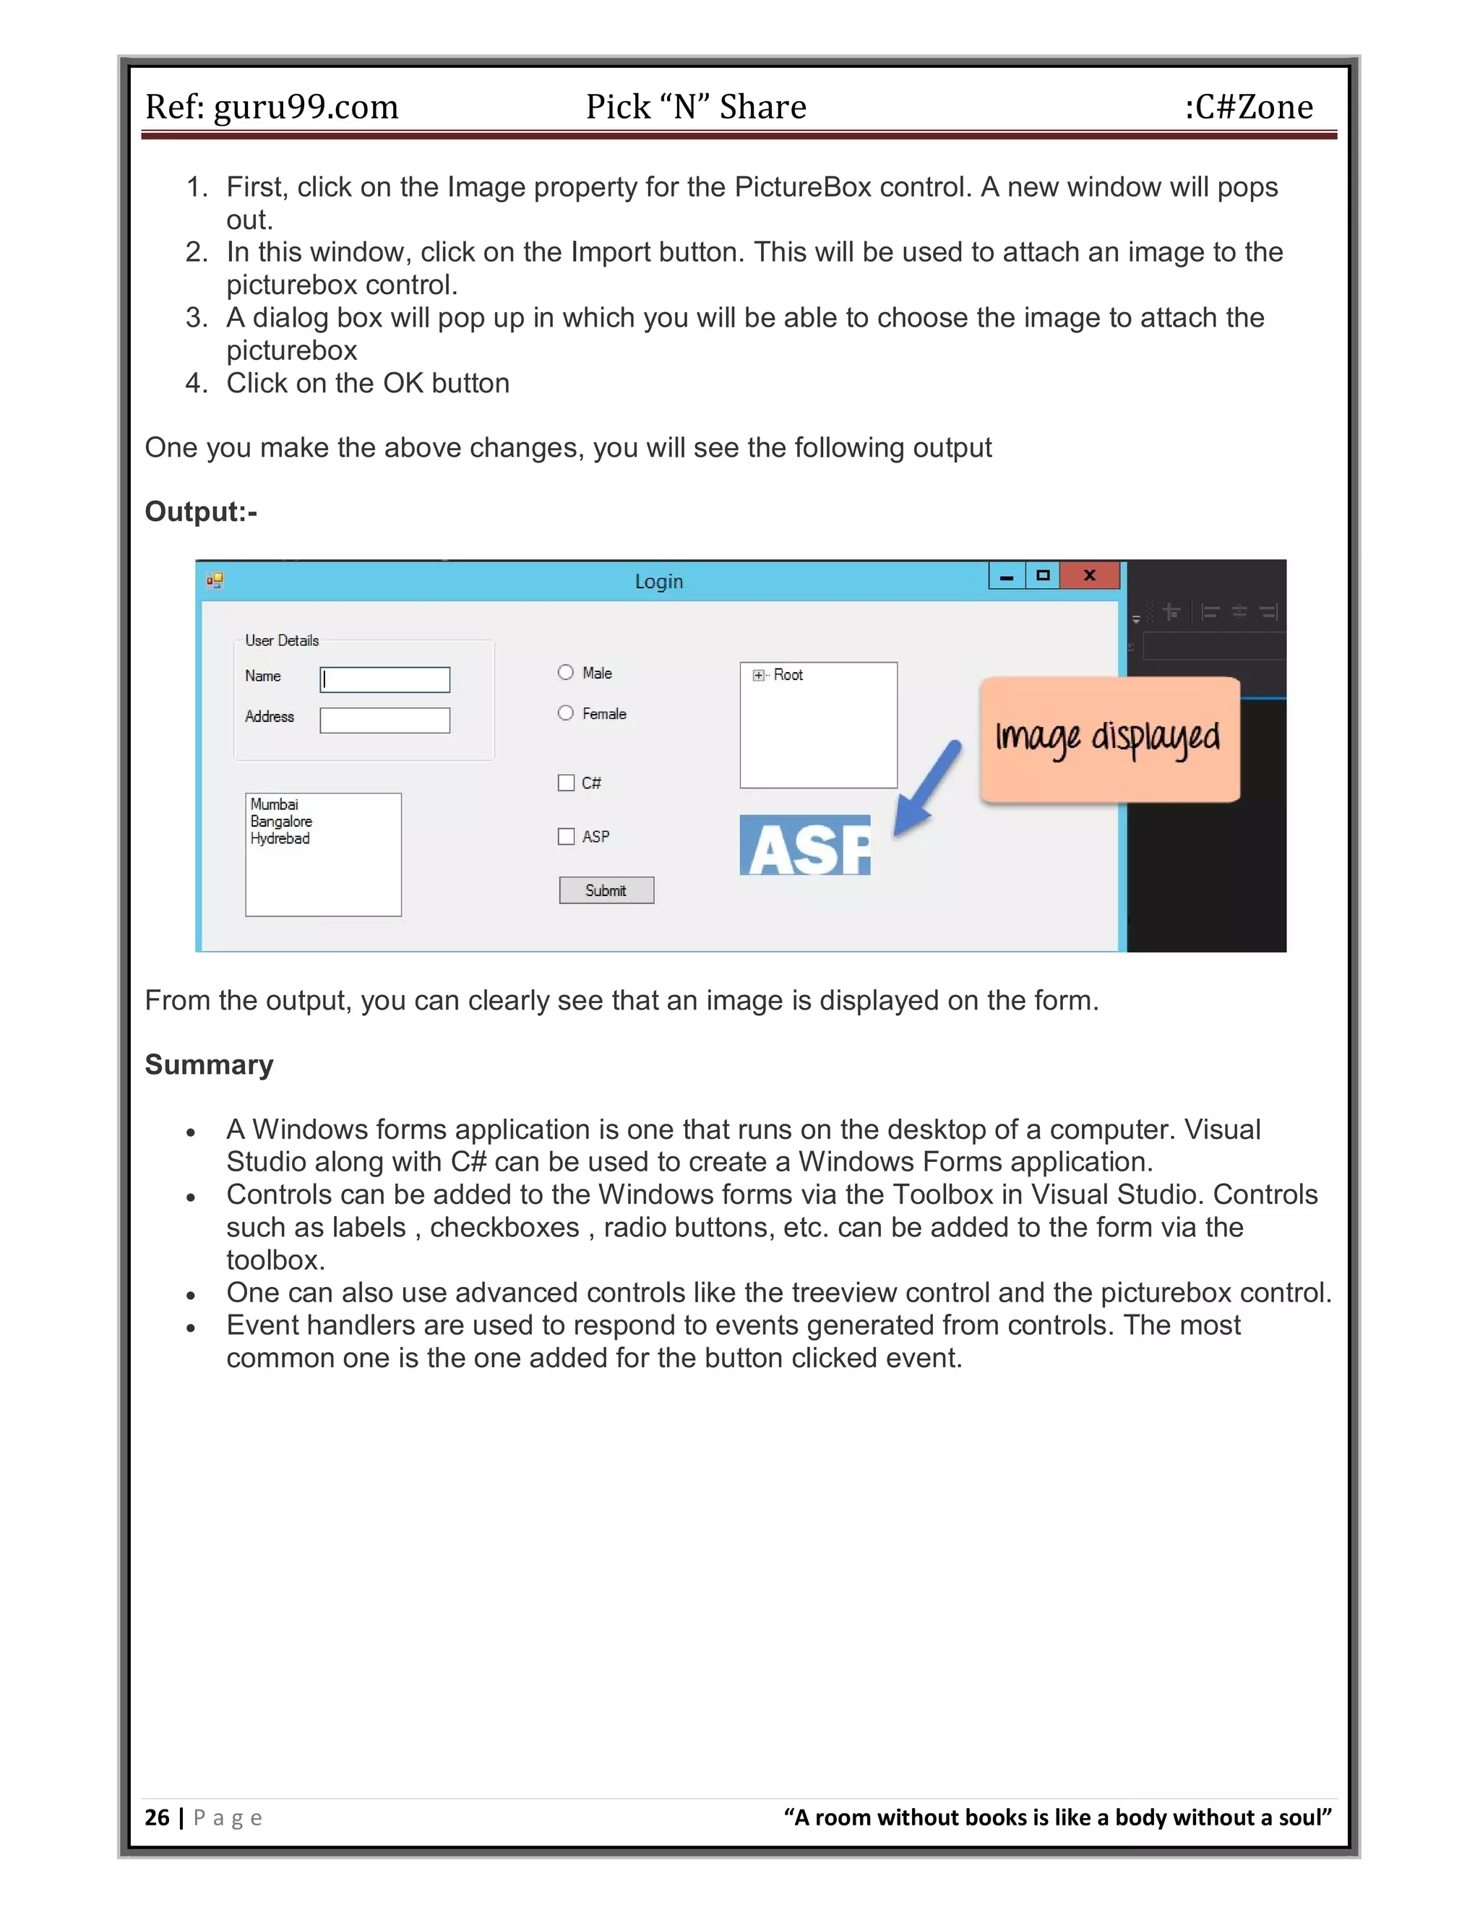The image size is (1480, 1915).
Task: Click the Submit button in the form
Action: [x=606, y=890]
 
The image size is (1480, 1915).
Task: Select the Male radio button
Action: [x=566, y=673]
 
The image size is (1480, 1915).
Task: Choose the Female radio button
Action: [x=566, y=713]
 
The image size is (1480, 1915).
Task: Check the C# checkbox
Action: [x=567, y=782]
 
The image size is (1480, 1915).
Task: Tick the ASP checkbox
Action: [x=567, y=837]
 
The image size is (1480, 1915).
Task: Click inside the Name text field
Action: [x=385, y=679]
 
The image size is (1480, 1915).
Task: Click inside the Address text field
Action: [x=385, y=720]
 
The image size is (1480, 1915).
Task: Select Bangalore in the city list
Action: [x=280, y=822]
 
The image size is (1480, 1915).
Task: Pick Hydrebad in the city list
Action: [x=280, y=838]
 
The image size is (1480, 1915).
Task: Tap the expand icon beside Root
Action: [x=758, y=675]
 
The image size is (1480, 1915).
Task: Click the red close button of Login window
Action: [x=1089, y=575]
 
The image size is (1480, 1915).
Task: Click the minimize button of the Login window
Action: [x=1007, y=576]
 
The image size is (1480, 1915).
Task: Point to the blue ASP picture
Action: [x=805, y=845]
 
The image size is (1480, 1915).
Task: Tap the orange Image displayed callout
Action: [x=1109, y=739]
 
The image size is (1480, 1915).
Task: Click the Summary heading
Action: [x=209, y=1064]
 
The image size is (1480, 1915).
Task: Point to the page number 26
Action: [x=157, y=1817]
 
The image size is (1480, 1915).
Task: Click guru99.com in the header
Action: [x=306, y=107]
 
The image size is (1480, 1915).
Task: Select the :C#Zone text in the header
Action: [x=1249, y=107]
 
